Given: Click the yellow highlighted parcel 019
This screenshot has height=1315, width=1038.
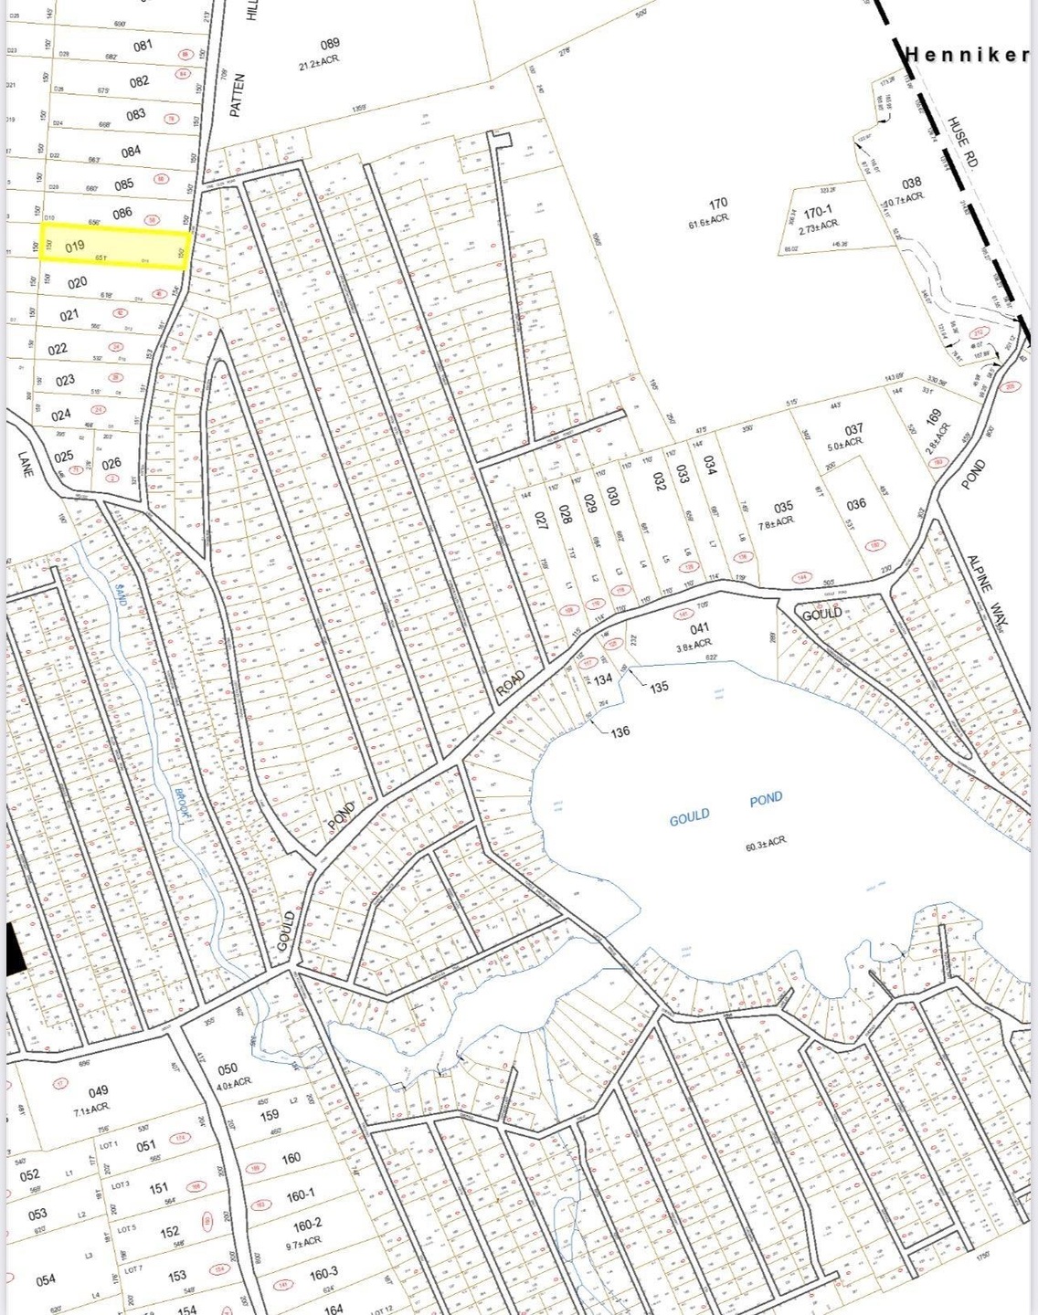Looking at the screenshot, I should click(114, 247).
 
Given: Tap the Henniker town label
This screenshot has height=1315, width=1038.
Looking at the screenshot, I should click(967, 54).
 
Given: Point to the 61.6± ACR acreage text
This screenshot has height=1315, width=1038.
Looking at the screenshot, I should click(708, 220).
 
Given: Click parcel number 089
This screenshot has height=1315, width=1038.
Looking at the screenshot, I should click(330, 43).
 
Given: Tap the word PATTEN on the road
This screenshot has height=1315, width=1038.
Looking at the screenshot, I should click(236, 95).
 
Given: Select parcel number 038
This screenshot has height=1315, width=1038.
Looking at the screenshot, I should click(910, 183).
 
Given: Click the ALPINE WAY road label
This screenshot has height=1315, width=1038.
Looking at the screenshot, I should click(980, 584).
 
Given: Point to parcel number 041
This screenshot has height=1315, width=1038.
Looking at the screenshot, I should click(699, 628).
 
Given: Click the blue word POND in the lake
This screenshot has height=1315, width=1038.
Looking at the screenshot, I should click(766, 799).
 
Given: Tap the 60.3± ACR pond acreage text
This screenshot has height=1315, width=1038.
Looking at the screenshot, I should click(766, 842).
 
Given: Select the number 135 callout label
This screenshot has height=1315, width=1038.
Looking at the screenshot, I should click(659, 687).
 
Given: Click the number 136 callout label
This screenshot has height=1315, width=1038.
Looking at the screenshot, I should click(620, 731).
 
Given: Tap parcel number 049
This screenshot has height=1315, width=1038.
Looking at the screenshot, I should click(98, 1090).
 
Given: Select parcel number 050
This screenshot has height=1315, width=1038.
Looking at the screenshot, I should click(228, 1068).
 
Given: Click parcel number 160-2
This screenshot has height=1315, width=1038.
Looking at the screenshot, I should click(307, 1225).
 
